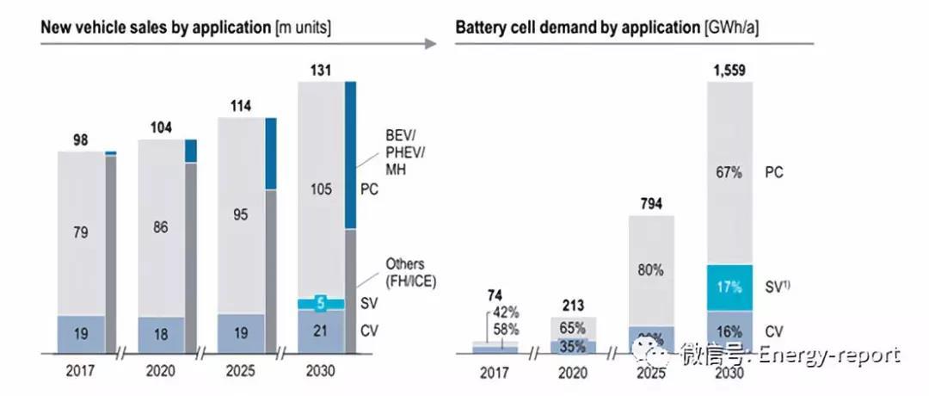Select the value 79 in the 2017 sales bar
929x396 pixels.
(80, 232)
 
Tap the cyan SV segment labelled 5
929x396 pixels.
(320, 303)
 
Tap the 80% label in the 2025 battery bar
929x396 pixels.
(650, 269)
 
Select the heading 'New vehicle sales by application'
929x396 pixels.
(156, 26)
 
